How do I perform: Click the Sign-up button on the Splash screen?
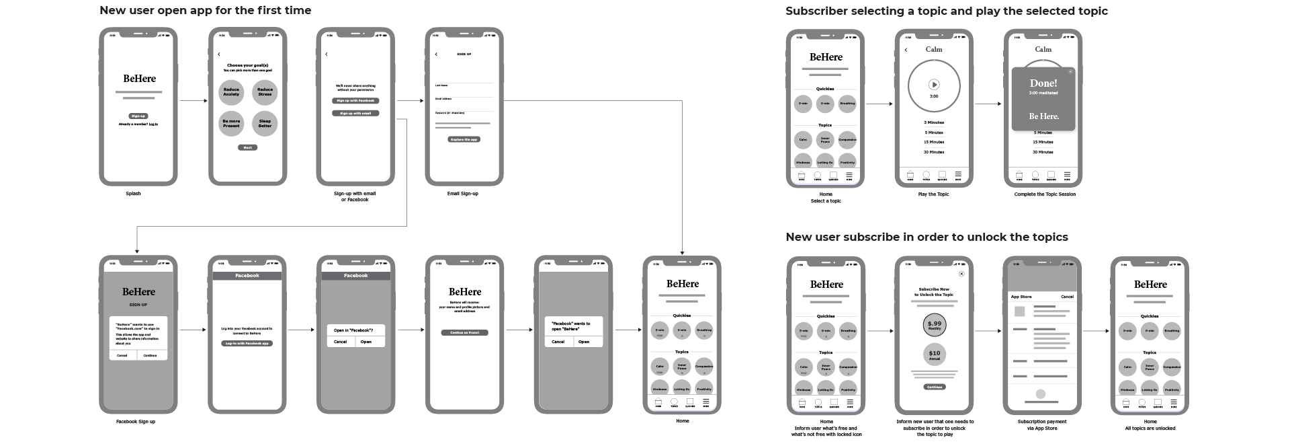click(x=138, y=116)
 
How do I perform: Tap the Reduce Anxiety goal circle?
click(x=231, y=92)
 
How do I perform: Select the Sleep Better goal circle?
click(x=265, y=124)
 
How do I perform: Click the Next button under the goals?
click(x=247, y=147)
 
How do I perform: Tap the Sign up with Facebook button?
click(x=355, y=101)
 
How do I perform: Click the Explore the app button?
click(x=464, y=139)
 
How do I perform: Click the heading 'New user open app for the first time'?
click(x=205, y=10)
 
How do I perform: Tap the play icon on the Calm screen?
click(x=934, y=85)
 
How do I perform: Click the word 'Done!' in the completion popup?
click(x=1043, y=83)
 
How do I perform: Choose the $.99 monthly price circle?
click(x=934, y=325)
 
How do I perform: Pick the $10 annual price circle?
click(x=934, y=354)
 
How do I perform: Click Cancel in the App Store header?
click(x=1067, y=297)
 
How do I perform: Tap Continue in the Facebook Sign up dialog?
click(x=150, y=355)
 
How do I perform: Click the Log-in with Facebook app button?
click(x=247, y=343)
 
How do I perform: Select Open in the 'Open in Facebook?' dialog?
click(x=366, y=342)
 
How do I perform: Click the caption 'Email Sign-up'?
click(x=462, y=194)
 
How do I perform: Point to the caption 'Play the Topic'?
click(x=933, y=194)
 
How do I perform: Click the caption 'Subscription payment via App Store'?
click(x=1041, y=425)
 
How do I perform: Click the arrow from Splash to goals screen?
click(x=193, y=101)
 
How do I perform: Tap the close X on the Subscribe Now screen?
click(x=961, y=274)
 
